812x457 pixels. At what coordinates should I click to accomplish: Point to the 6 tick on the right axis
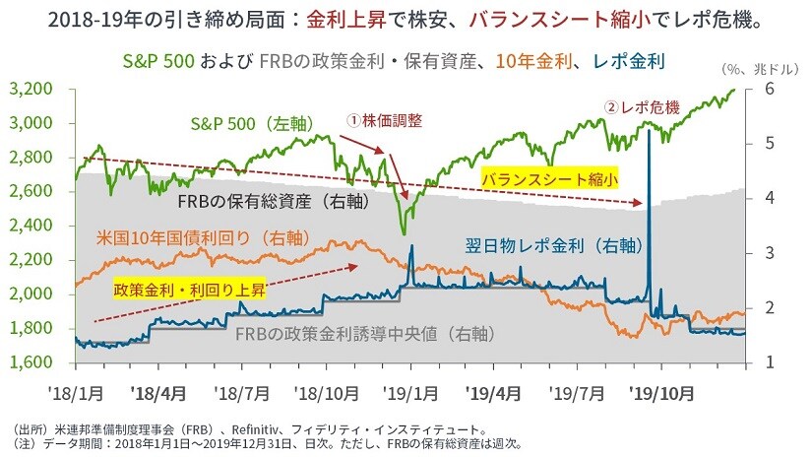tap(766, 89)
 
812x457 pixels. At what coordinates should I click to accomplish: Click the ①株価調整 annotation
tap(383, 118)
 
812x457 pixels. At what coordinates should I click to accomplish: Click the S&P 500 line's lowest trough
tap(404, 233)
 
